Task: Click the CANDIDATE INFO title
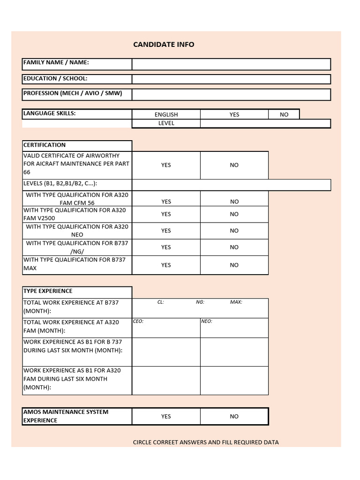164,45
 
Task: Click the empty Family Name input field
231,64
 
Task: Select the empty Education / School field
231,79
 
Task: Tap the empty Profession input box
231,95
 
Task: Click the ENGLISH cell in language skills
166,114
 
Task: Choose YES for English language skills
234,114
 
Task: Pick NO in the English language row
284,114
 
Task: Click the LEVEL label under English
166,123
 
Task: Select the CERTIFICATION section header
45,145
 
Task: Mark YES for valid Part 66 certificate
166,165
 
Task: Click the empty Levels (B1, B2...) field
231,185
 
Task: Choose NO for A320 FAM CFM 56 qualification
234,202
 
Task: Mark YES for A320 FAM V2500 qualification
166,214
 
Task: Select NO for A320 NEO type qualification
234,231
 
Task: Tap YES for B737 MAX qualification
166,265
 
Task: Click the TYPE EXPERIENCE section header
48,291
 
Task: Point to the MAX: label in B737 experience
236,302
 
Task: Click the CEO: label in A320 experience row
138,322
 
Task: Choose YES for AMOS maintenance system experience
166,416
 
